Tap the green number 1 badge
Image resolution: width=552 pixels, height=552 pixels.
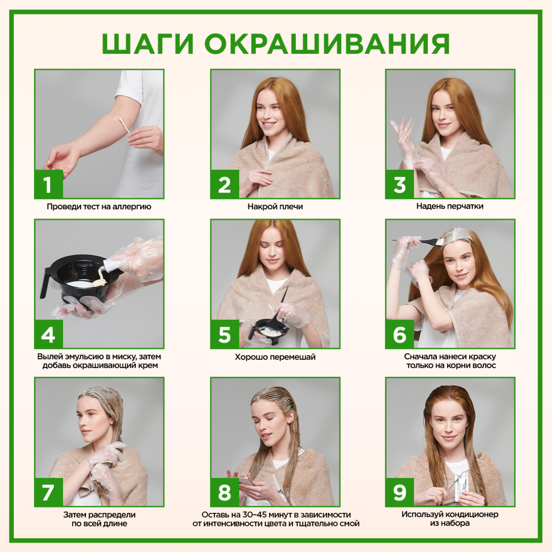pyautogui.click(x=48, y=184)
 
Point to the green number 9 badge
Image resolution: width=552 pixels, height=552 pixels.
pyautogui.click(x=400, y=492)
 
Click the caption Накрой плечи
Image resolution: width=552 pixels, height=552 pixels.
pyautogui.click(x=275, y=207)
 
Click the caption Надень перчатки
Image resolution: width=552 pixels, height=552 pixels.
pyautogui.click(x=450, y=206)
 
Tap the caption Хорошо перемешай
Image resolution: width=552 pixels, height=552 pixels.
pyautogui.click(x=275, y=357)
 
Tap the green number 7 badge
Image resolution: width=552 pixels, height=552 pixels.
pyautogui.click(x=48, y=492)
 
